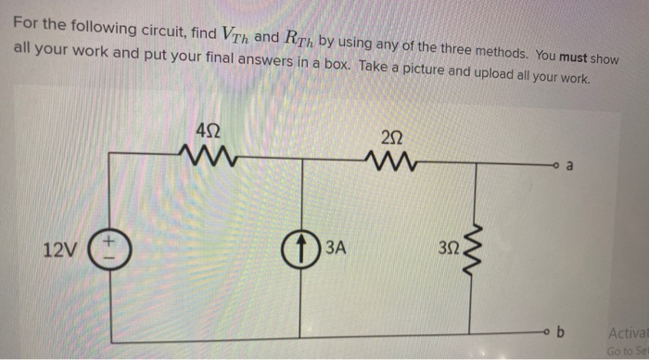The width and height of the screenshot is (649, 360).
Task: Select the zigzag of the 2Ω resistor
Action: [392, 164]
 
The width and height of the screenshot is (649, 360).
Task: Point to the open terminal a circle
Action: [559, 167]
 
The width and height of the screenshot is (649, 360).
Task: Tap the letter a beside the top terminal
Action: [572, 166]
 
